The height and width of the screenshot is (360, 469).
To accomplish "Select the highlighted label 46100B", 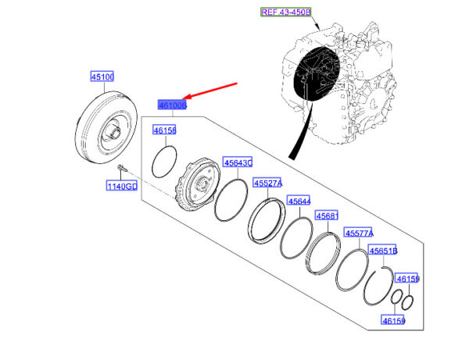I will click(171, 104).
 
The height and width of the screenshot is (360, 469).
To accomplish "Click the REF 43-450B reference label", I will click(285, 12).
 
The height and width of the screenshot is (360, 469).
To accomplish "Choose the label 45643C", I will click(238, 162).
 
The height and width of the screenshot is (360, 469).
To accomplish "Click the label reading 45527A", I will click(268, 183).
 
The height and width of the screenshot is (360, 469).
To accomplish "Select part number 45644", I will click(299, 201).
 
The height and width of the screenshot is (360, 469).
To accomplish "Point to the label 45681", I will click(326, 216).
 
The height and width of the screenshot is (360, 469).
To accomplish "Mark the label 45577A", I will click(360, 233).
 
